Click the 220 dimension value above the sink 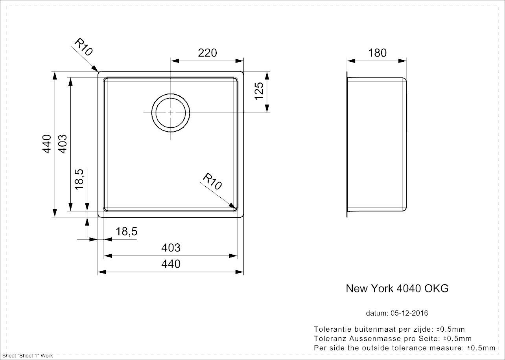(x=207, y=53)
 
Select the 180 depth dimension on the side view (x=378, y=53)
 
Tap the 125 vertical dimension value (x=259, y=91)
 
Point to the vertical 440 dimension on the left (x=47, y=144)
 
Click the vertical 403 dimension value (x=63, y=144)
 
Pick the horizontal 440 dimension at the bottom (x=171, y=264)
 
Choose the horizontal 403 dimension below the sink (x=171, y=248)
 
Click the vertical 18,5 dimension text (x=79, y=179)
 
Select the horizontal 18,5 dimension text (x=127, y=231)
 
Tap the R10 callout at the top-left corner (x=83, y=47)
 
